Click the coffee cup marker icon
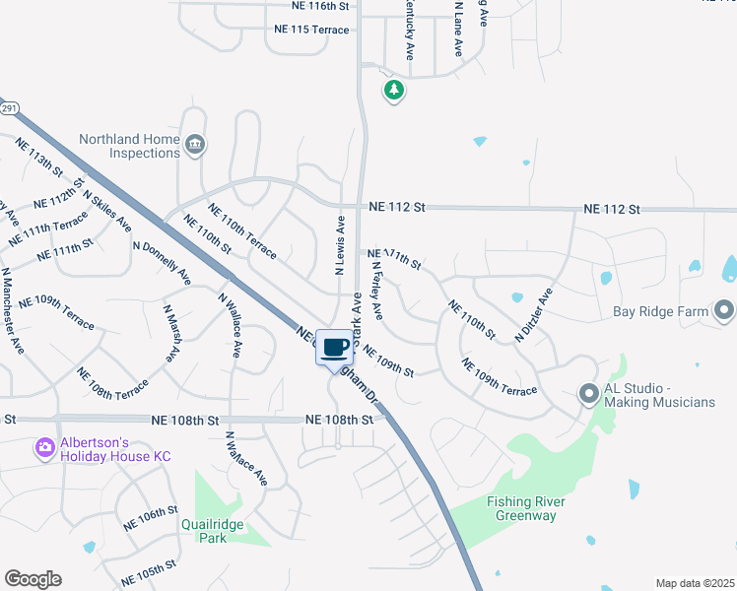[335, 347]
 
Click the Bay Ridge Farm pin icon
[725, 311]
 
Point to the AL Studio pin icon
[589, 395]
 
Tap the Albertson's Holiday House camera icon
[44, 449]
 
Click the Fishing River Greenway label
[526, 508]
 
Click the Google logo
[33, 579]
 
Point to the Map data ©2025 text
[695, 583]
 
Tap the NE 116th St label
[321, 6]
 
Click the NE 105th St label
[149, 569]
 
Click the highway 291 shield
[8, 108]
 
